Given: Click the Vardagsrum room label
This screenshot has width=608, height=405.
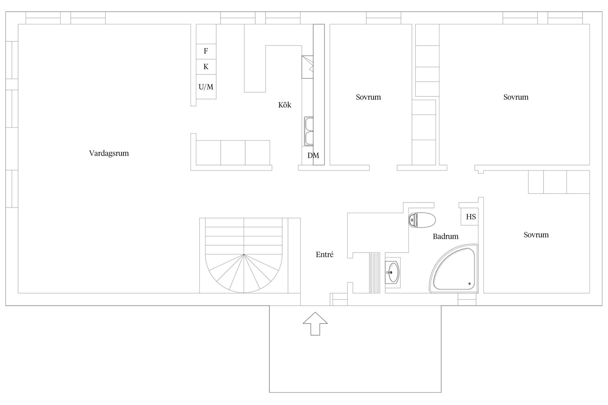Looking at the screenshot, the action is point(109,153).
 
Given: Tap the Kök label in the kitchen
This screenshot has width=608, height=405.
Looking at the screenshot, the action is point(285,105).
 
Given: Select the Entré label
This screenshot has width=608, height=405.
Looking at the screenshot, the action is point(325,254).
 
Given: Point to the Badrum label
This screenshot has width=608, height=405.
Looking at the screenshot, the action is point(446,236).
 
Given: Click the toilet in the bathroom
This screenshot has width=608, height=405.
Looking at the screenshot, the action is point(422,220).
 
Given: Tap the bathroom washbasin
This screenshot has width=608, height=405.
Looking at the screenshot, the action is point(393,272).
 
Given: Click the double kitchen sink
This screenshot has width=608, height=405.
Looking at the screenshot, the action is point(309,131).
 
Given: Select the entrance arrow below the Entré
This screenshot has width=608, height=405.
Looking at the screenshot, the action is point(315,323).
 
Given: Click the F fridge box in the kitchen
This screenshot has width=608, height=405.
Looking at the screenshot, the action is point(206,51).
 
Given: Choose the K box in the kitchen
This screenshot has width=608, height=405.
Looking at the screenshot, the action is point(206,67).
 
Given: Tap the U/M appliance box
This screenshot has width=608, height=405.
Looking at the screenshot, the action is point(206,87).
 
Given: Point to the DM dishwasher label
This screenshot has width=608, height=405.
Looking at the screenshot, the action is point(313,155).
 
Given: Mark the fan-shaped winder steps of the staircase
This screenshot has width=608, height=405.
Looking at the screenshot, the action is point(244,274).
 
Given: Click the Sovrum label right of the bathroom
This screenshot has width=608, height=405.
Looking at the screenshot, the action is point(536,235).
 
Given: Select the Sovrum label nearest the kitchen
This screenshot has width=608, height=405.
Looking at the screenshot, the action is point(368,97).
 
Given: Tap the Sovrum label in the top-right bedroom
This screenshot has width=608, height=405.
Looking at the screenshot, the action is point(516,97).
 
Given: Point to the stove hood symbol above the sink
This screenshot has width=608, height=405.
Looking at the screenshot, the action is point(307,67).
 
